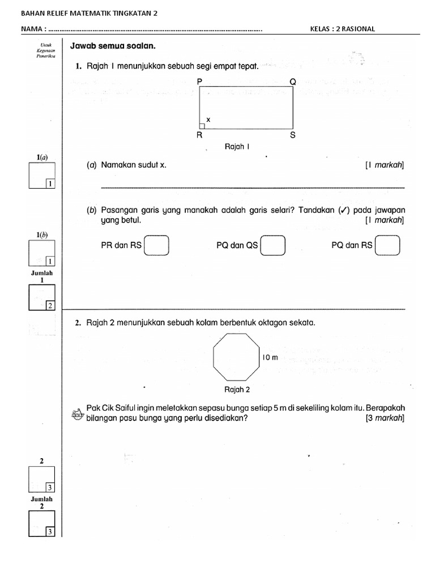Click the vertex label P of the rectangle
(199, 82)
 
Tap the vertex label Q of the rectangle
(293, 82)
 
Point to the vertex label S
(293, 135)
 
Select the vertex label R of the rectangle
(199, 135)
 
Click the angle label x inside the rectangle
(208, 120)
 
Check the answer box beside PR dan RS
(157, 246)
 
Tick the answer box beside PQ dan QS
(272, 246)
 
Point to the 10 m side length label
(271, 357)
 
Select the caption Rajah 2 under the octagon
(237, 390)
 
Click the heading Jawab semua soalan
(112, 46)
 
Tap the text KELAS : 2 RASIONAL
(343, 28)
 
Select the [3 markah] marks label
(385, 419)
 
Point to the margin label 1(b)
(42, 234)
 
